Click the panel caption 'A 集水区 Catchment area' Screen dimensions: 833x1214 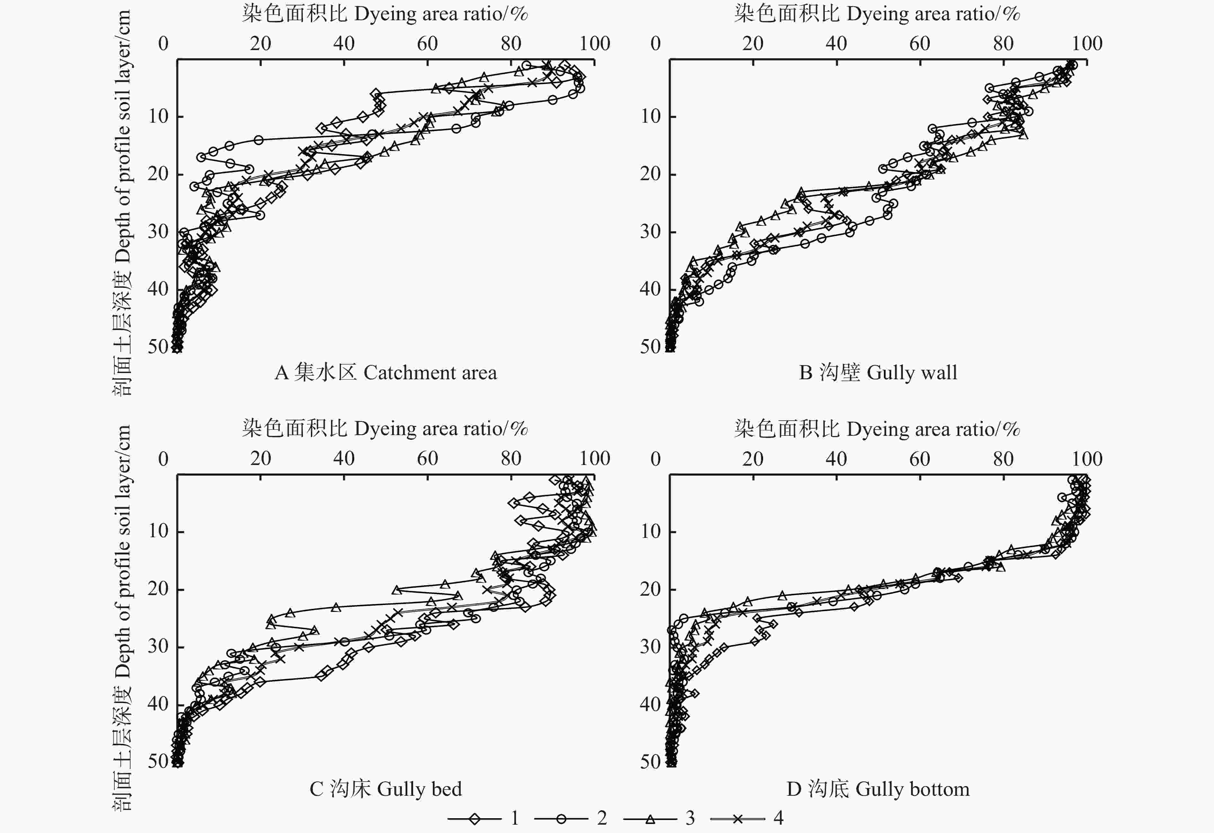point(385,373)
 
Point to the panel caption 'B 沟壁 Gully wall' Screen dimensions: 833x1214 point(878,373)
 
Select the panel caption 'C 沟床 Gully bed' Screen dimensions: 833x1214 point(385,789)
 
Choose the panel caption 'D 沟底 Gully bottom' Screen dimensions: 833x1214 point(878,789)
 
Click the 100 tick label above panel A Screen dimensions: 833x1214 point(594,43)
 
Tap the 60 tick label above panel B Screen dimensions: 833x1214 point(920,43)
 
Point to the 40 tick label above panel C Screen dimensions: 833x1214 point(344,459)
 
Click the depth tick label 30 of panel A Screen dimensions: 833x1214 point(158,231)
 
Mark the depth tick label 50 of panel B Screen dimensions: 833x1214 point(651,346)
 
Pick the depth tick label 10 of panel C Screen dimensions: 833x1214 point(158,531)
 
